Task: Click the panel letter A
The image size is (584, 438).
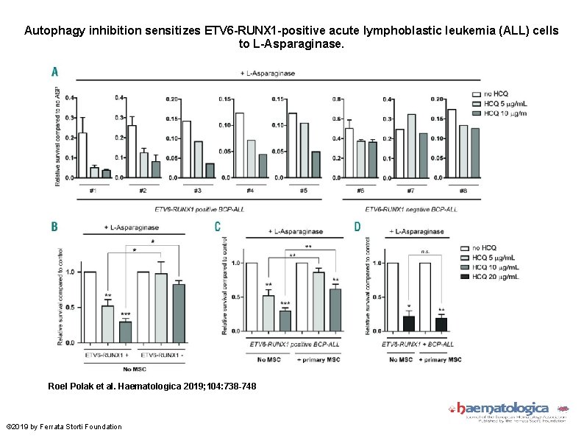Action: click(x=54, y=72)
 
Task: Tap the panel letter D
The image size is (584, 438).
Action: click(x=357, y=227)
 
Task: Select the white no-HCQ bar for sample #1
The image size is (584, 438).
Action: click(x=82, y=155)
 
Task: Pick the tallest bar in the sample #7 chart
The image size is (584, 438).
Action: click(x=411, y=146)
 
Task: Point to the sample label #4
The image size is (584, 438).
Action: click(x=250, y=191)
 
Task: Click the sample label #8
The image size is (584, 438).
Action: click(x=462, y=191)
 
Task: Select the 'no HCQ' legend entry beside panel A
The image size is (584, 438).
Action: click(x=495, y=93)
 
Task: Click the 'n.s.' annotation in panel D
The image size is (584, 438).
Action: click(x=425, y=250)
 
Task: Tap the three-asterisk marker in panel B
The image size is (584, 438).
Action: click(x=125, y=314)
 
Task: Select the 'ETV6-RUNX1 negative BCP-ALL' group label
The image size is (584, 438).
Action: click(x=411, y=209)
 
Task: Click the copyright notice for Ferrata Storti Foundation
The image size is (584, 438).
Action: click(x=64, y=426)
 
